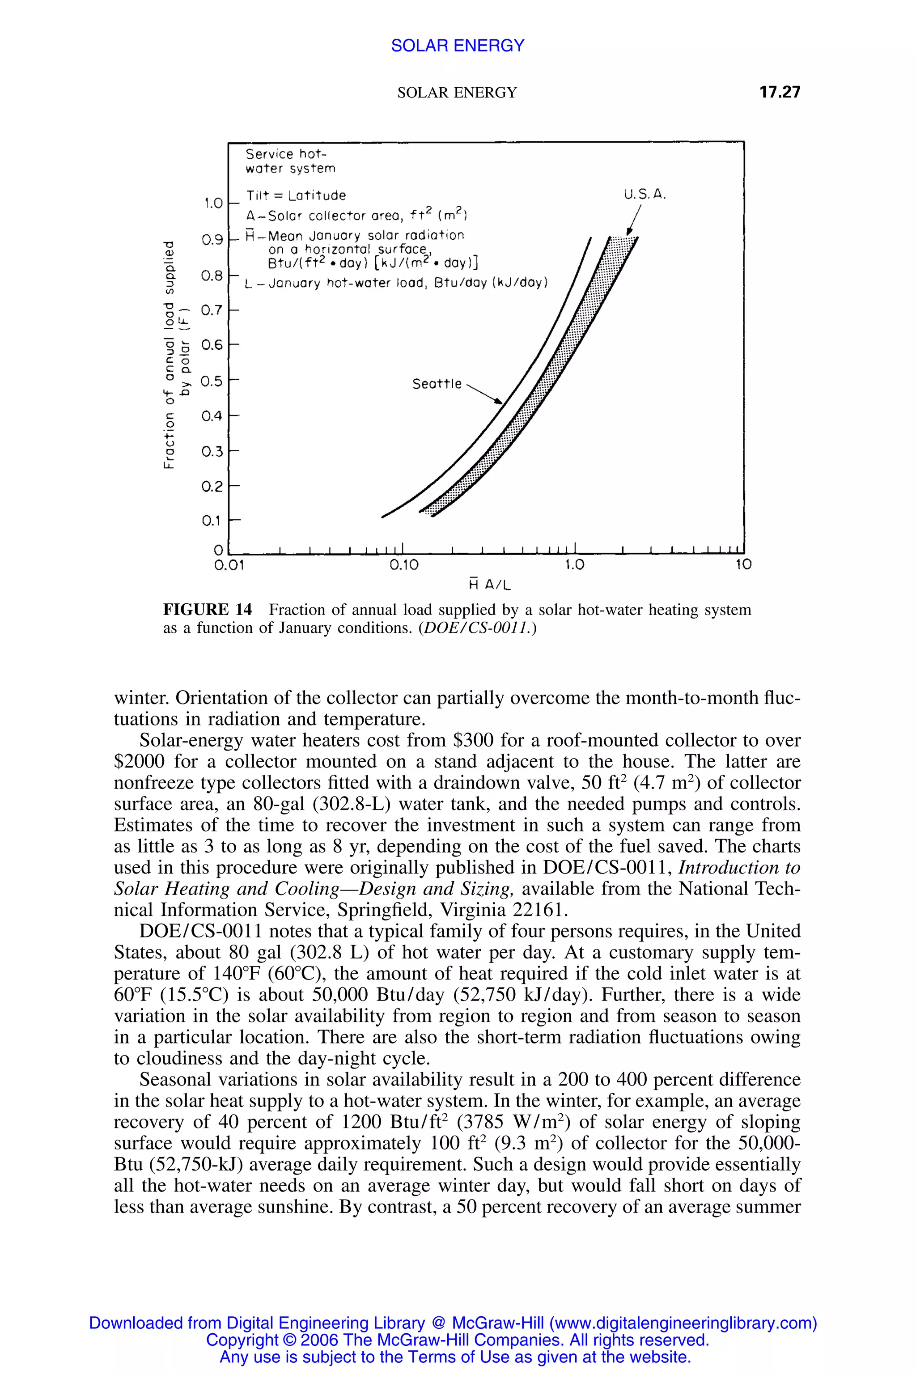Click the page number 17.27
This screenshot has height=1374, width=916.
pyautogui.click(x=779, y=92)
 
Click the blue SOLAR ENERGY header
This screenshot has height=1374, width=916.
pyautogui.click(x=458, y=46)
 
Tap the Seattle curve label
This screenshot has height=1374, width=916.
pyautogui.click(x=437, y=384)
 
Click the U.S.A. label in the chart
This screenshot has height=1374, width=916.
pyautogui.click(x=645, y=195)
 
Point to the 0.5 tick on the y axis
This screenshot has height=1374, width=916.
pyautogui.click(x=212, y=382)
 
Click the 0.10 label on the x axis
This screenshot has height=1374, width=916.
pyautogui.click(x=404, y=565)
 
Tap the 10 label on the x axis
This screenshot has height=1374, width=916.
pyautogui.click(x=743, y=565)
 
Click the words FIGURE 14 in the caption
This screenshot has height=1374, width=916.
pyautogui.click(x=208, y=610)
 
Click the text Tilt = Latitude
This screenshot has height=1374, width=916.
pyautogui.click(x=296, y=195)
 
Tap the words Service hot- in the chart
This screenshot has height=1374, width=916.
pyautogui.click(x=286, y=154)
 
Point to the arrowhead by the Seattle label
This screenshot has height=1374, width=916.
pyautogui.click(x=498, y=401)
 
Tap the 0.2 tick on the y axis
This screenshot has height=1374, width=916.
pyautogui.click(x=212, y=487)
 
